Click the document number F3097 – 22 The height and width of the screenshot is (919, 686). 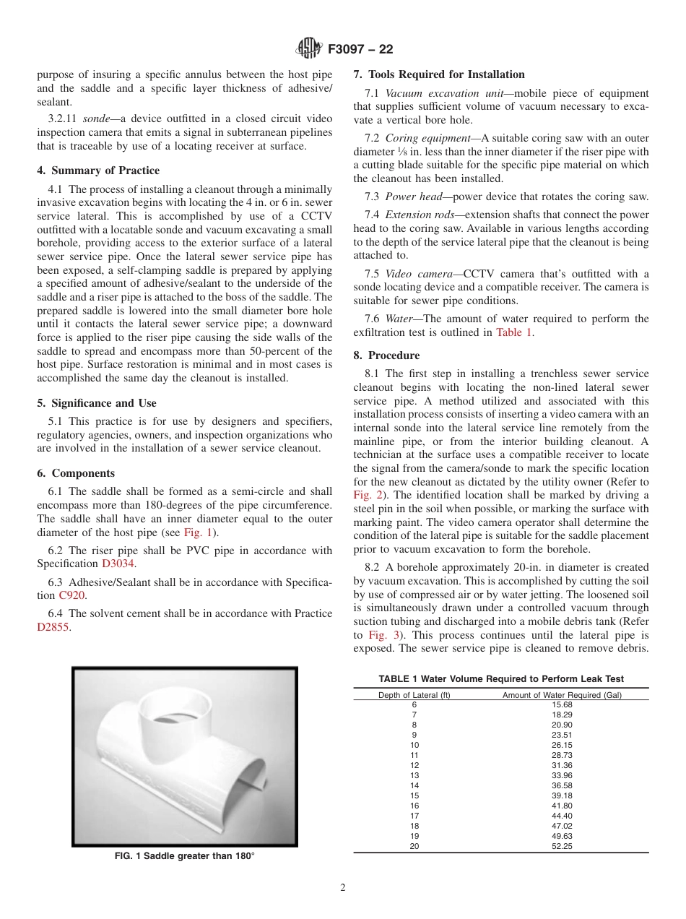click(360, 50)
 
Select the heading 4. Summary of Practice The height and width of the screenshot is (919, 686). click(98, 171)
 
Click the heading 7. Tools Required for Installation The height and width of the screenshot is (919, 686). click(438, 74)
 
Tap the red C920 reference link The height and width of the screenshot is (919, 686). click(72, 595)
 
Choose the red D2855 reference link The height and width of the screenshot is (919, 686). click(53, 627)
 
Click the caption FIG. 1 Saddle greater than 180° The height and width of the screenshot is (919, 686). click(185, 856)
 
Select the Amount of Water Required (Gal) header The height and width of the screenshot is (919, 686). click(562, 695)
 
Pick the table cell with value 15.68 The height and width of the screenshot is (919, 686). click(562, 704)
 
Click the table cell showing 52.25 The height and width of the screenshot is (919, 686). click(562, 846)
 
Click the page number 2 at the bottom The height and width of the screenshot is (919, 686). click(343, 888)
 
